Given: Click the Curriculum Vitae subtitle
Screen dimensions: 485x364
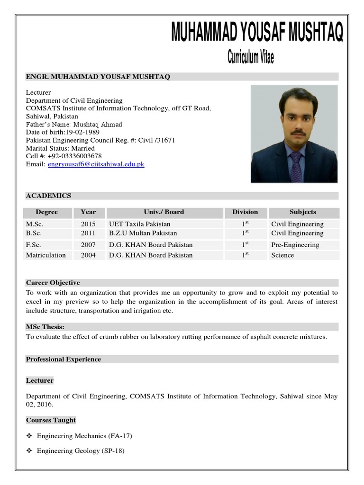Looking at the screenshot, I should pos(250,58).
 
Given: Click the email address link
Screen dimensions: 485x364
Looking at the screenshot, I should pos(96,164).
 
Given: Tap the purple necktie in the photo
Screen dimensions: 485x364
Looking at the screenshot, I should pos(296,166).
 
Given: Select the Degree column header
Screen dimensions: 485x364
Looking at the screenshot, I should pos(46,212).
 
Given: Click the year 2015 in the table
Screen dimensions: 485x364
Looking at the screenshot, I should pos(88,224).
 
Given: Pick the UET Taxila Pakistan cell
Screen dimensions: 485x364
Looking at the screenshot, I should pos(139,224).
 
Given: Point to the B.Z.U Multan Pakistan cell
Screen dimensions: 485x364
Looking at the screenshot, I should pos(143,233).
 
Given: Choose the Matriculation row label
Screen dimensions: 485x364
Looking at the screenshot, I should pos(46,255).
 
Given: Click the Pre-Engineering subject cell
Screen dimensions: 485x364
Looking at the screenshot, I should pos(295,245).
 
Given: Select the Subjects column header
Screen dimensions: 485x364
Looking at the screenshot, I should pos(302,212).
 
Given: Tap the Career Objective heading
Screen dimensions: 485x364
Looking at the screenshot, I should pos(53,283).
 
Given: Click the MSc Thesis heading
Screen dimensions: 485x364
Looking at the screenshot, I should pos(45,327).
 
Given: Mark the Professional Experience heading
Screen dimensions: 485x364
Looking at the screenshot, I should pos(64,359).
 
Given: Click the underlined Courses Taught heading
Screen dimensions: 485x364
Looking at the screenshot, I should pos(51,420).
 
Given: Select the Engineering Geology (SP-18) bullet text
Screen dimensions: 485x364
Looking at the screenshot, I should pos(81,451).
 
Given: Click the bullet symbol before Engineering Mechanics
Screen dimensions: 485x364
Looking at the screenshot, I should pos(29,436).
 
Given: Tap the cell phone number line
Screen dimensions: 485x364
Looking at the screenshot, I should pos(64,156).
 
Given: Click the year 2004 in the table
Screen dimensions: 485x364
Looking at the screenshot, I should pos(88,255).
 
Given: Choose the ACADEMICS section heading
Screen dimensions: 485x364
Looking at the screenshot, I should pos(48,196).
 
